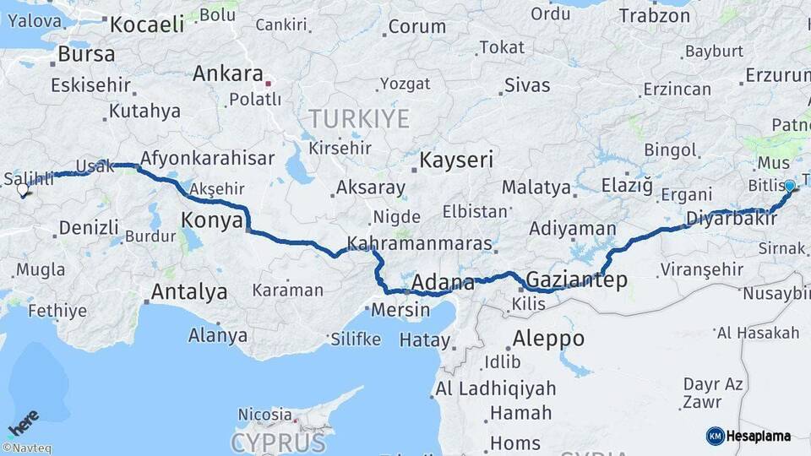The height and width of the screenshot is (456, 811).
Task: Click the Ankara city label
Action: point(228,73)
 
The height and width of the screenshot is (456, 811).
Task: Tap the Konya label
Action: point(212,221)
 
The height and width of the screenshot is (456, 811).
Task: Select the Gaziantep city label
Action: point(576,280)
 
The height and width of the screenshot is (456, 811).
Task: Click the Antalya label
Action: point(188,292)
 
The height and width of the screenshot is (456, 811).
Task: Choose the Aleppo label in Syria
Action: point(548,339)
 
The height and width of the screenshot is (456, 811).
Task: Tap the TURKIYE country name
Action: point(358,118)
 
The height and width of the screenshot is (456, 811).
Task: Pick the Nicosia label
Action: point(264,415)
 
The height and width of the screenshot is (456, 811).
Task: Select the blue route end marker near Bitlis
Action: point(789,186)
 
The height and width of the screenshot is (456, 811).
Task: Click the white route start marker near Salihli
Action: point(23,190)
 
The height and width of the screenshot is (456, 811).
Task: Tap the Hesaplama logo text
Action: point(758,436)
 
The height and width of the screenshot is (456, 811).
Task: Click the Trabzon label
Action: point(655,15)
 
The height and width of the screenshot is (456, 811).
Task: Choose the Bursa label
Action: point(85,55)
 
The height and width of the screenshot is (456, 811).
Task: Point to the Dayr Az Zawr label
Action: point(713,393)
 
